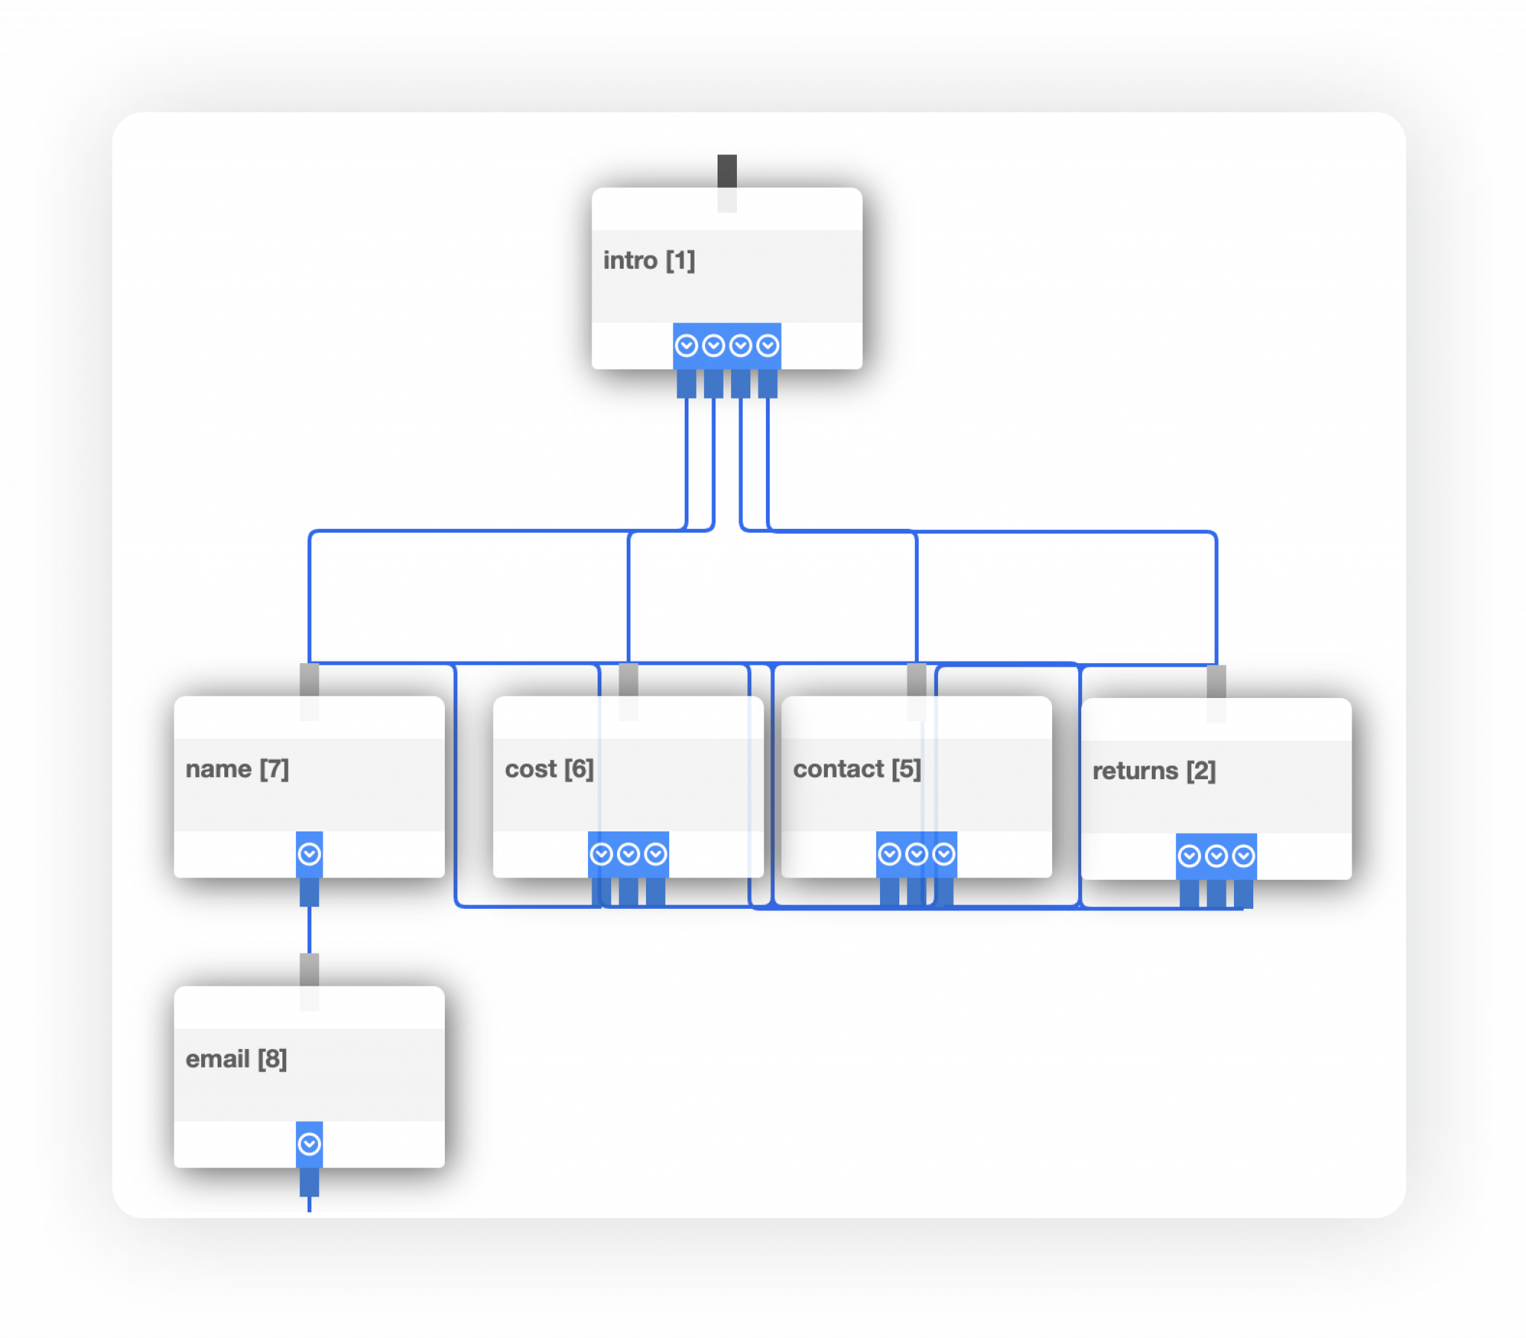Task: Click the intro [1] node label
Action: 649,261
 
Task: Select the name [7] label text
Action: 237,769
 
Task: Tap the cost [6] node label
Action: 548,769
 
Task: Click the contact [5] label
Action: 856,769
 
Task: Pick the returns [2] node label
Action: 1153,770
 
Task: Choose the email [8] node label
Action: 236,1059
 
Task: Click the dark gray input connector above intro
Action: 726,171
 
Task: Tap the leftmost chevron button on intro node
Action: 686,346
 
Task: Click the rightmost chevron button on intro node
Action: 767,346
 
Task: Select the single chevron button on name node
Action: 309,855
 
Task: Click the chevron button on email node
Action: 309,1144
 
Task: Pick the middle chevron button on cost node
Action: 629,855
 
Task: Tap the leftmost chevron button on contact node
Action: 889,855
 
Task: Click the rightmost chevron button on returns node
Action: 1243,856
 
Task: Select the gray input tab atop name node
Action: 309,679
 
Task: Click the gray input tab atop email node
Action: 309,969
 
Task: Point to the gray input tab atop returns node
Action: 1216,681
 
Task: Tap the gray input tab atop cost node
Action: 629,679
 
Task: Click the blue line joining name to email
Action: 309,930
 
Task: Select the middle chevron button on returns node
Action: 1216,856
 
